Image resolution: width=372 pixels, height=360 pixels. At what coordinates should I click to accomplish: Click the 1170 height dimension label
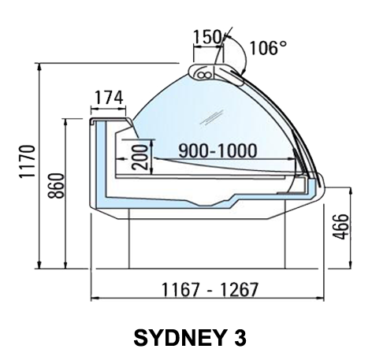click(27, 161)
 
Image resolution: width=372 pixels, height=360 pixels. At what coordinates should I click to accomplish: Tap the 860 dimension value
click(56, 186)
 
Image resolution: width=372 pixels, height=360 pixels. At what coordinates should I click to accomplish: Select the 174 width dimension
click(109, 98)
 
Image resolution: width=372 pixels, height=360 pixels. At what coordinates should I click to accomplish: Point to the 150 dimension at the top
click(207, 37)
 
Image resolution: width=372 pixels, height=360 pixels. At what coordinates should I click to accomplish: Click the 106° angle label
click(268, 48)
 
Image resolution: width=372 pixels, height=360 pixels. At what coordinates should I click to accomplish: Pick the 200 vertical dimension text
click(139, 158)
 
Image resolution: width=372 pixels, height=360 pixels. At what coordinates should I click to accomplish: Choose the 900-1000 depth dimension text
click(218, 151)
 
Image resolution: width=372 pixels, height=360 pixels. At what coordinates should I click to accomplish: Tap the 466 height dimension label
click(340, 227)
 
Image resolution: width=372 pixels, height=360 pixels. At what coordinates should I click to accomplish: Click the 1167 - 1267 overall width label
click(210, 289)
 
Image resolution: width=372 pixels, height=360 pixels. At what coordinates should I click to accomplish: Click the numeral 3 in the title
click(240, 338)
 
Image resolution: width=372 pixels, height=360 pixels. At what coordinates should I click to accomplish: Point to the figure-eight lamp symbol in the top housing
click(204, 75)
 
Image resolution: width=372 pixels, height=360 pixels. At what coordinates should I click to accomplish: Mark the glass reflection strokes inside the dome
click(212, 117)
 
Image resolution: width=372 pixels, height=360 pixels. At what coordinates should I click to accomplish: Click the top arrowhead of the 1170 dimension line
click(39, 66)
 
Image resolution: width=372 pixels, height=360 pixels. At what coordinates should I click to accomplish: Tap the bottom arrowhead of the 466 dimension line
click(350, 265)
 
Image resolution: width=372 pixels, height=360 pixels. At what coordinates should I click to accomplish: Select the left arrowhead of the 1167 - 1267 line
click(94, 298)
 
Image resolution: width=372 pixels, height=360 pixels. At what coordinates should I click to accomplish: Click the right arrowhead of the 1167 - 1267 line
click(321, 298)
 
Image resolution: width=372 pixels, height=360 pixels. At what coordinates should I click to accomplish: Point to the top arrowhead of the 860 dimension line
click(65, 122)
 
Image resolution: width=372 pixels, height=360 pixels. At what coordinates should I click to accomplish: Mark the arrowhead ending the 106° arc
click(243, 70)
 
